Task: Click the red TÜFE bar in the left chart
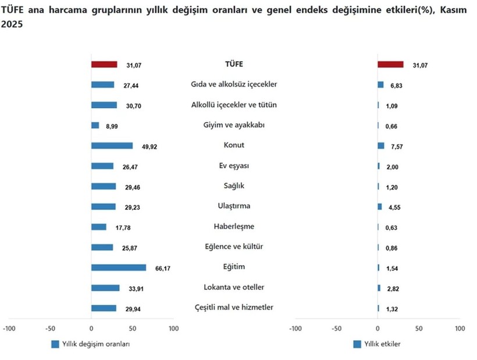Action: (104, 65)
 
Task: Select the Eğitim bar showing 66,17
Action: (119, 268)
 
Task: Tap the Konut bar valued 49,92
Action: (112, 146)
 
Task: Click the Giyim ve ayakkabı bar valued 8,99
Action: (95, 126)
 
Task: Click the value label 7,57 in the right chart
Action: (398, 147)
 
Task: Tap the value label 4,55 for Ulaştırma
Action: (398, 208)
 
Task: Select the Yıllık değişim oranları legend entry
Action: (90, 344)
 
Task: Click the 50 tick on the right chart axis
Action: (419, 329)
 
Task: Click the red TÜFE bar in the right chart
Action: (390, 65)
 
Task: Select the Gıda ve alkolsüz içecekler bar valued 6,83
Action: (380, 85)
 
